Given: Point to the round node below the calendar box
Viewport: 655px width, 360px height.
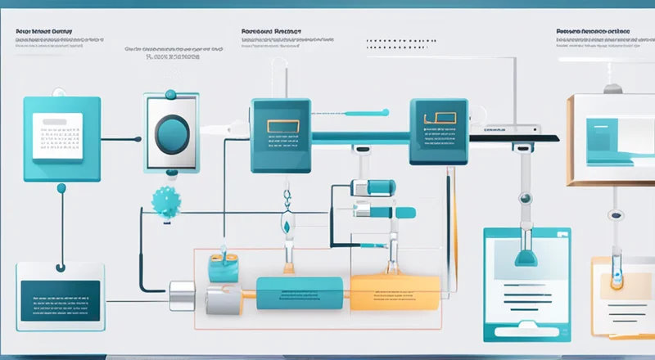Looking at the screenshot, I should (x=61, y=188).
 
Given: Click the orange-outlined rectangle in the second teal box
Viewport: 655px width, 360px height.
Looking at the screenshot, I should (x=281, y=127).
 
